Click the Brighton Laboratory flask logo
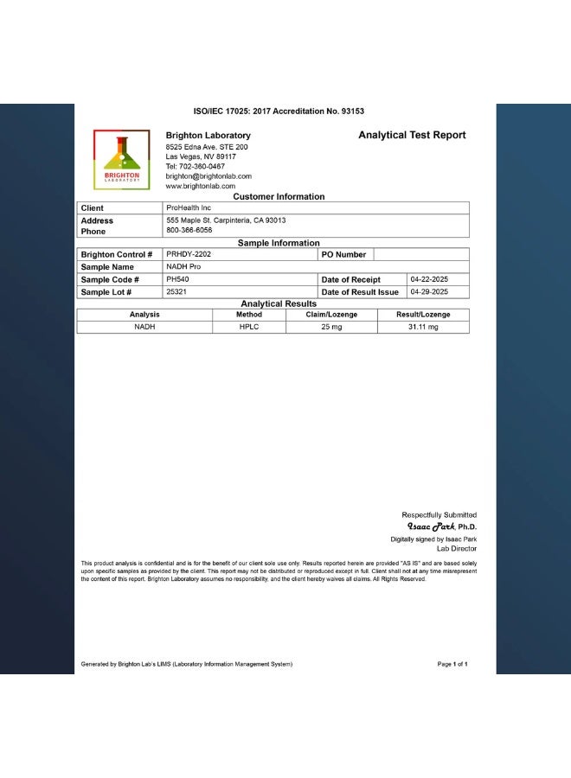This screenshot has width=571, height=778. pyautogui.click(x=121, y=159)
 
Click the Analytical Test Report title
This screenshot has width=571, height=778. pyautogui.click(x=412, y=135)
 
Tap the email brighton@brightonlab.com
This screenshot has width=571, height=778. pyautogui.click(x=209, y=175)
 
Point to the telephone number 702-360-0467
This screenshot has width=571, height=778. pyautogui.click(x=203, y=166)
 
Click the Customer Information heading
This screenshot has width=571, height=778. pyautogui.click(x=279, y=196)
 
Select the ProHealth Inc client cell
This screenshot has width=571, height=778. pyautogui.click(x=189, y=208)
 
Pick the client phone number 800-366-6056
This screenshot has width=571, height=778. pyautogui.click(x=189, y=231)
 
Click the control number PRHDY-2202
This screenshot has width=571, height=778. pyautogui.click(x=189, y=255)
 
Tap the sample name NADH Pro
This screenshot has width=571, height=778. pyautogui.click(x=183, y=267)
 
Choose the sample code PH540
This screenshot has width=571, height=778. pyautogui.click(x=177, y=280)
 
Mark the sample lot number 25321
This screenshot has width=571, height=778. pyautogui.click(x=176, y=292)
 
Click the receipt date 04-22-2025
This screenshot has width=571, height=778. pyautogui.click(x=429, y=280)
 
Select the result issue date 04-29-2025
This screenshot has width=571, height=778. pyautogui.click(x=429, y=292)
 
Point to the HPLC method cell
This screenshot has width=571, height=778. pyautogui.click(x=249, y=328)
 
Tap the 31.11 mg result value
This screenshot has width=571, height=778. pyautogui.click(x=424, y=328)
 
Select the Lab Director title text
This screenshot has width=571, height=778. pyautogui.click(x=457, y=549)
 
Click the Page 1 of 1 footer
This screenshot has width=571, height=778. pyautogui.click(x=452, y=664)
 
